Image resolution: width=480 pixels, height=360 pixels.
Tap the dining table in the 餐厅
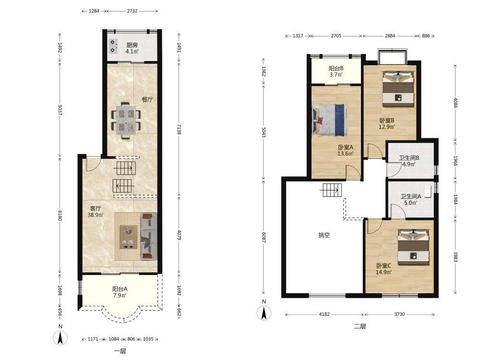point(125,120)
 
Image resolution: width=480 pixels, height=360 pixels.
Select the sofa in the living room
point(149,236)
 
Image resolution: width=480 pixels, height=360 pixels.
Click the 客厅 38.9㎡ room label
point(95,212)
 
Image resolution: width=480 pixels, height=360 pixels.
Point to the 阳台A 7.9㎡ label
point(120,292)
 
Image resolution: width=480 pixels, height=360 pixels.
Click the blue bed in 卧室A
point(330,120)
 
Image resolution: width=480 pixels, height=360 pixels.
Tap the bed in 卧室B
point(398,89)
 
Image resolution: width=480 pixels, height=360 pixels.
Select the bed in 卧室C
point(413,247)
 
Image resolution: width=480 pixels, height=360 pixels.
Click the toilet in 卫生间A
point(428,191)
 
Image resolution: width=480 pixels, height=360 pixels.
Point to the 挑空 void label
point(324,235)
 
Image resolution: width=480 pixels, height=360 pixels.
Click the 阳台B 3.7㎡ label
point(336,72)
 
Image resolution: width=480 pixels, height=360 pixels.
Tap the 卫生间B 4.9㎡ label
point(409,161)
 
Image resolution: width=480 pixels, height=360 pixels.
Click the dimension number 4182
point(324,314)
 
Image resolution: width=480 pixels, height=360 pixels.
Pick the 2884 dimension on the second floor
point(390,36)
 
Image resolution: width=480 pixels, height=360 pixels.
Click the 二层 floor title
point(360,326)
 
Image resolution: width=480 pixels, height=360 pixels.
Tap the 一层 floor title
point(120,351)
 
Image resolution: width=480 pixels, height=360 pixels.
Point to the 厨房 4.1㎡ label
point(132,48)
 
